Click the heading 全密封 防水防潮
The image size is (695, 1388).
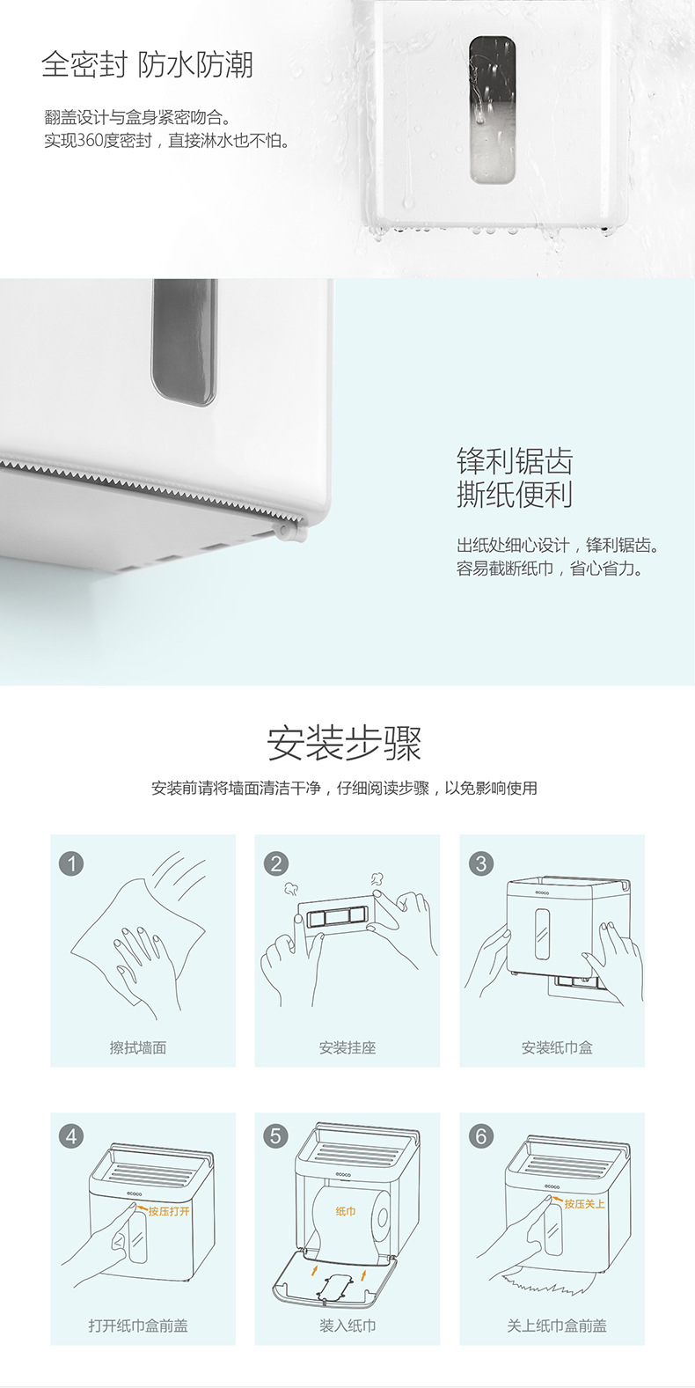tap(147, 65)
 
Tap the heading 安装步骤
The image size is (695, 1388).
tap(345, 743)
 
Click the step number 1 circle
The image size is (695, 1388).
tap(71, 863)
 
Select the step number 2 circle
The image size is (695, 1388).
tap(276, 863)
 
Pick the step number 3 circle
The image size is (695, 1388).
tap(480, 863)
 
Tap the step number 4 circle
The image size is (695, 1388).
tap(71, 1136)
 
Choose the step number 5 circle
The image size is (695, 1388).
tap(276, 1136)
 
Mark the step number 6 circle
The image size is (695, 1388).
tap(480, 1136)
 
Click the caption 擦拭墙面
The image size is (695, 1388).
tap(138, 1047)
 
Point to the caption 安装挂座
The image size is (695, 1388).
tap(347, 1047)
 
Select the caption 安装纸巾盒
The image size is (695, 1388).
tap(556, 1047)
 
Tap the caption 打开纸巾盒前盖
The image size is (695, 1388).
tap(138, 1326)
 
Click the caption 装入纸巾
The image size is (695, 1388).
tap(347, 1326)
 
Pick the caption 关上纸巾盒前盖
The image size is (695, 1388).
tap(556, 1326)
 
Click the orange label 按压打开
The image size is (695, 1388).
tap(169, 1211)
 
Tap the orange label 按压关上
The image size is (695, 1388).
tap(585, 1203)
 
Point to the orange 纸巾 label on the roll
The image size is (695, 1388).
tap(346, 1211)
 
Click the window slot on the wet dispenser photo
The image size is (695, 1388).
tap(492, 109)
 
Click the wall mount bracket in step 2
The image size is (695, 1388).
tap(335, 915)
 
